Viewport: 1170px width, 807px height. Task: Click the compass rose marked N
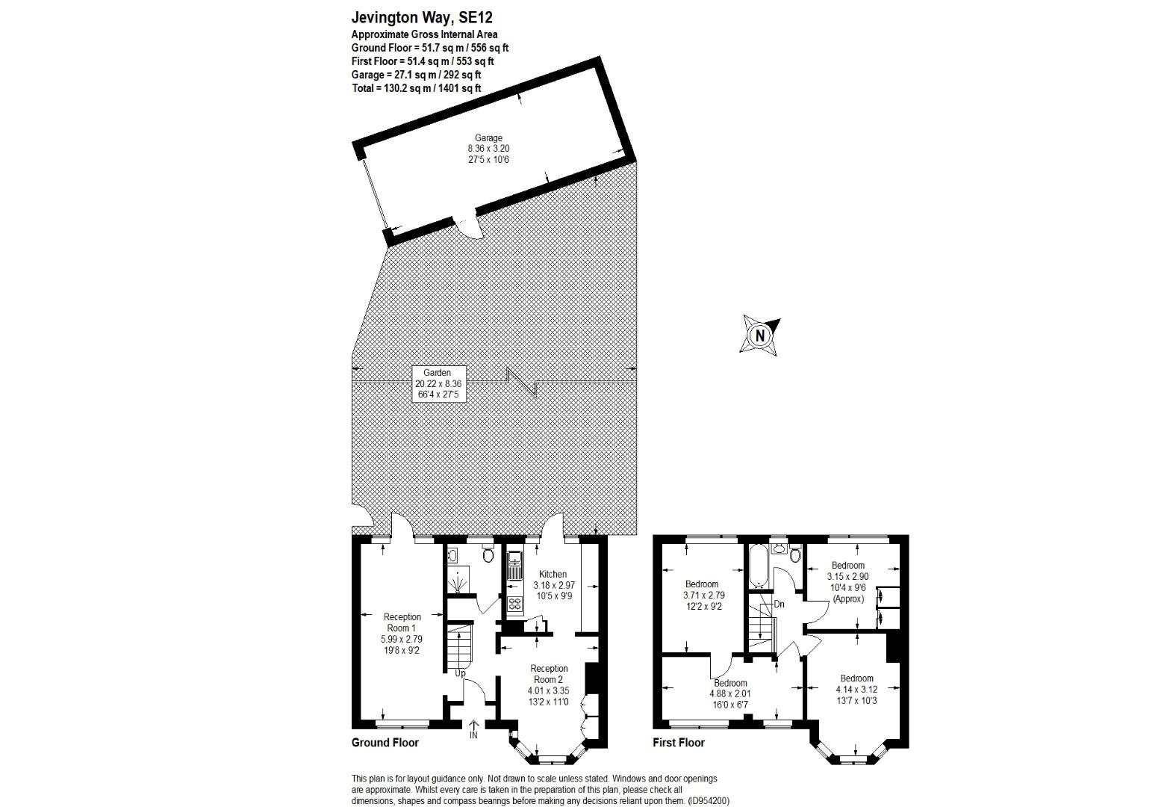click(x=760, y=335)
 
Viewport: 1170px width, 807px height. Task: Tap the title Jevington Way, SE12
click(x=422, y=17)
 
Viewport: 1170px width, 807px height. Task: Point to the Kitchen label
click(x=553, y=574)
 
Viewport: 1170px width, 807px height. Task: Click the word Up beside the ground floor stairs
click(x=461, y=673)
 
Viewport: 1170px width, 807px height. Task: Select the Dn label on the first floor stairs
click(x=779, y=604)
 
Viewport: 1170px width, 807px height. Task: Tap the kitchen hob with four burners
click(x=514, y=604)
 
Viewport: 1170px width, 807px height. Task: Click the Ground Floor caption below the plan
click(x=385, y=743)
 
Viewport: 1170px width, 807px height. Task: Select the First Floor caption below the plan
click(x=679, y=743)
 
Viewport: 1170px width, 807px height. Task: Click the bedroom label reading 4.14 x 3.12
click(x=856, y=690)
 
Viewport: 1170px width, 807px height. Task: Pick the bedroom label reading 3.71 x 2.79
click(x=703, y=596)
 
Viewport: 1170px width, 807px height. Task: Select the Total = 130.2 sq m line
click(x=416, y=88)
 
